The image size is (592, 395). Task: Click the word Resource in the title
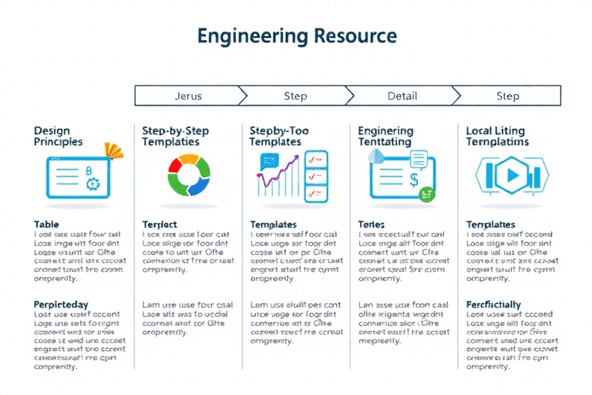point(355,35)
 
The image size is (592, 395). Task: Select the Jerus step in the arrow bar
point(188,96)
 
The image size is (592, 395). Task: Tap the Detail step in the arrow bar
point(402,96)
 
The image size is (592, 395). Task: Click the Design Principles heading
point(58,137)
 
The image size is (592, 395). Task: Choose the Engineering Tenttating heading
point(386,137)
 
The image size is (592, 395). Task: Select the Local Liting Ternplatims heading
point(497,137)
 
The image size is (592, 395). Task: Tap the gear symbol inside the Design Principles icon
point(93,183)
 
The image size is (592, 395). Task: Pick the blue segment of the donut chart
point(200,186)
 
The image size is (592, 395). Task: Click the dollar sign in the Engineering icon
point(414,181)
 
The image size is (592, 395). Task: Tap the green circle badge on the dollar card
point(426,196)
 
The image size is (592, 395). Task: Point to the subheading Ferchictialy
point(493,305)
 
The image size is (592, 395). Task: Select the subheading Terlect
point(160,225)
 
